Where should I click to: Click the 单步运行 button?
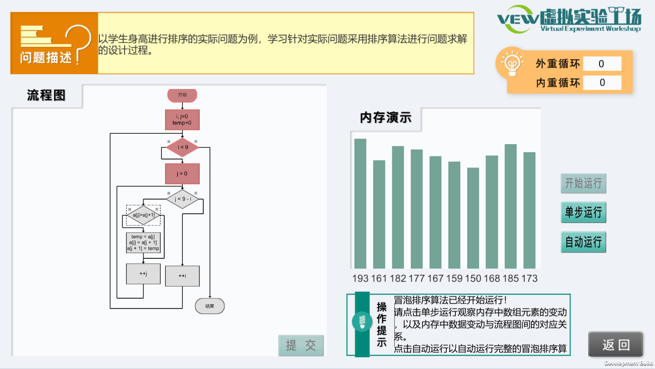click(x=583, y=212)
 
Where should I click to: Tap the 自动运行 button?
click(x=583, y=242)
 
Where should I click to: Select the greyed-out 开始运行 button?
click(x=583, y=183)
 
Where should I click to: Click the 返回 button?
click(x=616, y=345)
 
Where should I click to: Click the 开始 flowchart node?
click(x=182, y=95)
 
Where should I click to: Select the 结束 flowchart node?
click(x=210, y=306)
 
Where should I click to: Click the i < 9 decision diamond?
click(x=183, y=147)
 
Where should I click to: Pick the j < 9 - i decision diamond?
click(x=183, y=199)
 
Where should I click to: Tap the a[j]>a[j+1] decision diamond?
click(x=144, y=215)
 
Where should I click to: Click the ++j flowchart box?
click(x=143, y=274)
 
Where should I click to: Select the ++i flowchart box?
click(x=182, y=276)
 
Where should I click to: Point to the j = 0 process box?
click(x=182, y=174)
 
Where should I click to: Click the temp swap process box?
click(x=143, y=243)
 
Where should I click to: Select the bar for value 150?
click(x=473, y=218)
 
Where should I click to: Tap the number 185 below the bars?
click(x=511, y=279)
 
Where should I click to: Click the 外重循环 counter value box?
click(x=602, y=64)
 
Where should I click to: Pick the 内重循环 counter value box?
click(x=602, y=82)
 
